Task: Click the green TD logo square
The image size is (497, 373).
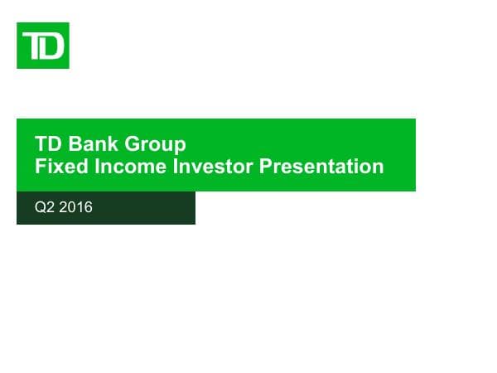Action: tap(42, 46)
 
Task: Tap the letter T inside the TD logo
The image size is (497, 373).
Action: tap(33, 46)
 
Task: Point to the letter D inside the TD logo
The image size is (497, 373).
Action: tap(51, 47)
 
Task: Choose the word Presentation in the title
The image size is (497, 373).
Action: tap(321, 167)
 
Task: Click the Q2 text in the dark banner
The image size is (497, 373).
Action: tap(43, 208)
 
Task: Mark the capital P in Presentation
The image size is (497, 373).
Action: tap(266, 167)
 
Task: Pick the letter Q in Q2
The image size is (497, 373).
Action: tap(39, 208)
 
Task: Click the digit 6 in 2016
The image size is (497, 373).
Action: tap(88, 208)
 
